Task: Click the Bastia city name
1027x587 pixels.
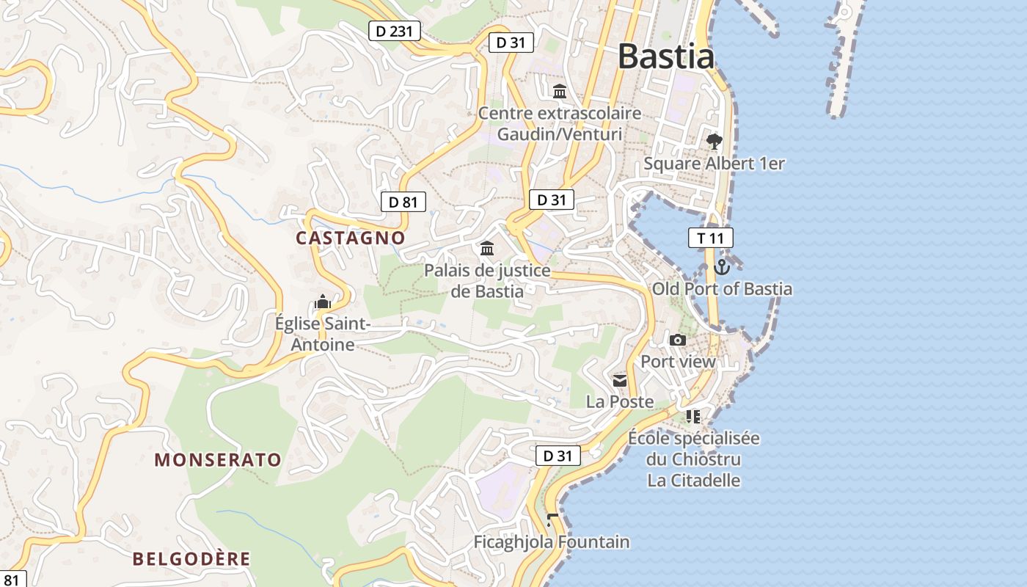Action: coord(665,56)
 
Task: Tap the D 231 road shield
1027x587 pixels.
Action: coord(395,31)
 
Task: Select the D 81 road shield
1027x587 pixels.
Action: coord(403,202)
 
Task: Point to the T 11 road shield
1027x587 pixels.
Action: coord(710,238)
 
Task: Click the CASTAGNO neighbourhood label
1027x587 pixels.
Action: coord(350,238)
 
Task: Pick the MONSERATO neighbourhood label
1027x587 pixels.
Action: coord(218,460)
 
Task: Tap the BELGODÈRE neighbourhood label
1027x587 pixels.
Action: coord(191,558)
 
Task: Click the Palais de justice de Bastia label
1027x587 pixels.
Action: coord(487,280)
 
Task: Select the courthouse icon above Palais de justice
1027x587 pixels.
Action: coord(487,249)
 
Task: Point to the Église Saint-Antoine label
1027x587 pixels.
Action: coord(323,334)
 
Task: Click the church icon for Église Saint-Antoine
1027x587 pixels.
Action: coord(323,302)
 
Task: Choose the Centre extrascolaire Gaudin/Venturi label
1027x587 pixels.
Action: coord(560,124)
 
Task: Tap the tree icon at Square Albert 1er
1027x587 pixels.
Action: coord(714,142)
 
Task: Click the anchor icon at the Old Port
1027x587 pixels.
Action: coord(722,267)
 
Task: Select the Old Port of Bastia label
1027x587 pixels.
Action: coord(723,289)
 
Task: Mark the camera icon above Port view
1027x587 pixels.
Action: coord(678,340)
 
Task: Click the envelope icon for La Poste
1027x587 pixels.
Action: coord(620,380)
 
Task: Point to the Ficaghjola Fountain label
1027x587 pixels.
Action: coord(552,542)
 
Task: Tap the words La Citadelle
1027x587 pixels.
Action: coord(693,481)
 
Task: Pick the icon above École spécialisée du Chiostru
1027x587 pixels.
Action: coord(693,417)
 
